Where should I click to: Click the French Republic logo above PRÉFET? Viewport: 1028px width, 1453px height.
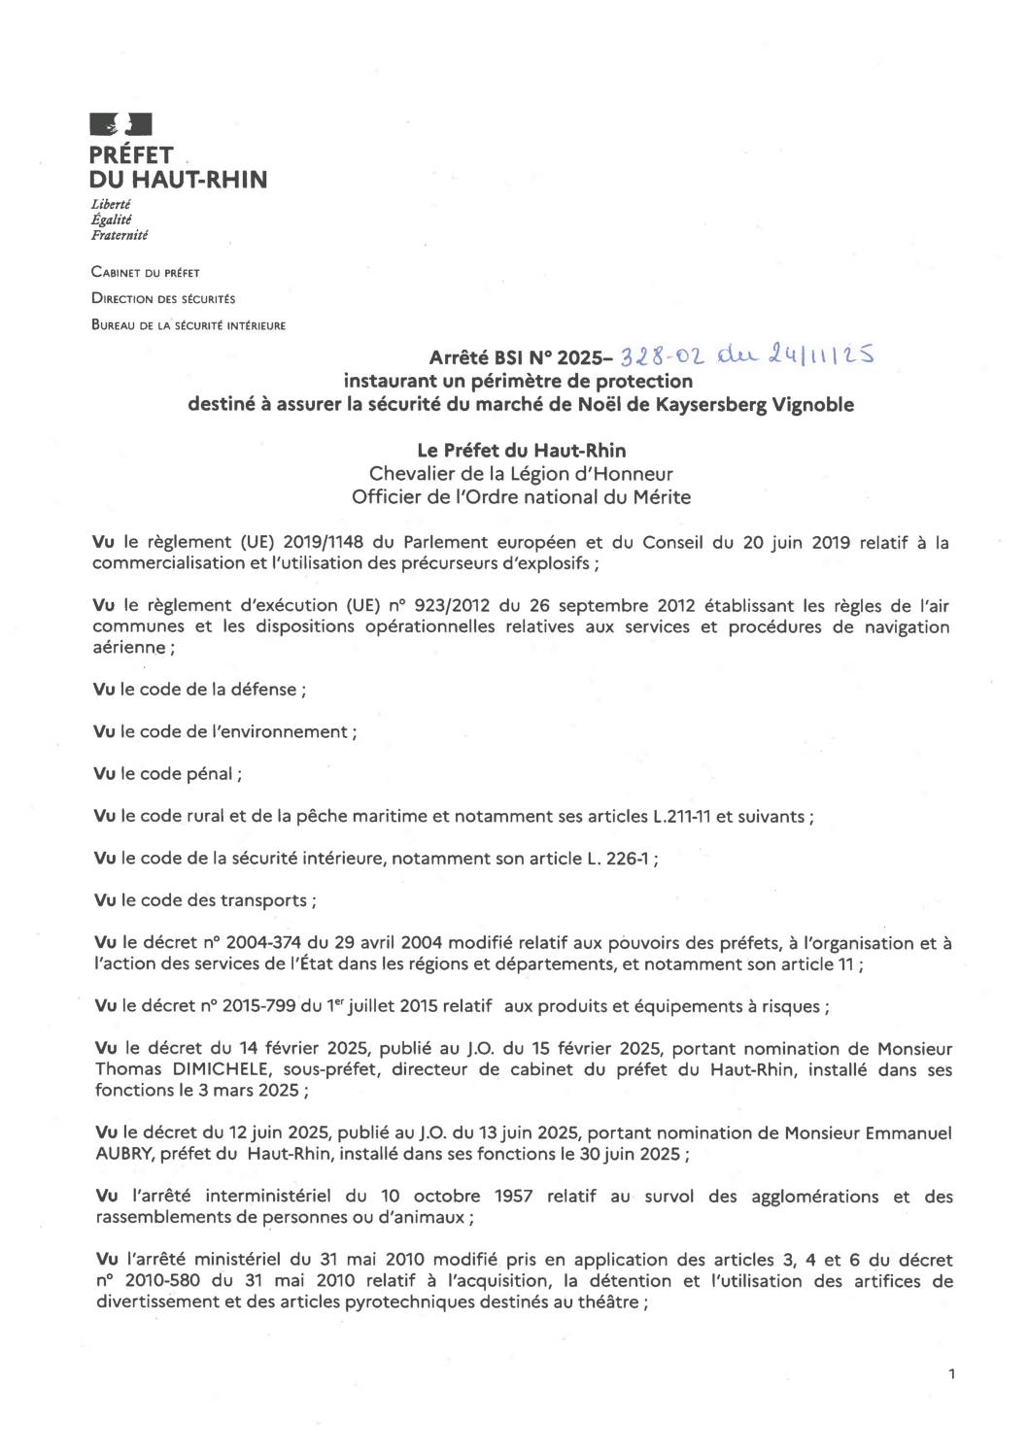click(x=120, y=124)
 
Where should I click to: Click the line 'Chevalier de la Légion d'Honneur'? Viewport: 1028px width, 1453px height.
click(x=521, y=474)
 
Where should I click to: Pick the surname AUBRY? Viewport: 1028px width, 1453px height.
click(x=122, y=1154)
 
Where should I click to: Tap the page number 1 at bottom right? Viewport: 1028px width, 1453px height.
click(x=951, y=1373)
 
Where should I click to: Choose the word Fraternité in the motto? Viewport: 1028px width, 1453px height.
click(x=120, y=235)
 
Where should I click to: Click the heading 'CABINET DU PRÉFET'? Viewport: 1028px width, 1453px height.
click(x=145, y=273)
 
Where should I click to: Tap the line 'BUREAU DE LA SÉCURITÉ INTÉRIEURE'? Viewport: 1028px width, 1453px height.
click(x=188, y=325)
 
